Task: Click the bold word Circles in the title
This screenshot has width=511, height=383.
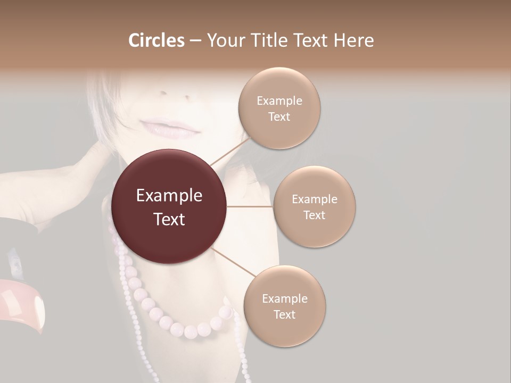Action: point(156,40)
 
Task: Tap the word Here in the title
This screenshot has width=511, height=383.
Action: point(353,40)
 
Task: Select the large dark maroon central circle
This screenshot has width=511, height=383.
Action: point(169,206)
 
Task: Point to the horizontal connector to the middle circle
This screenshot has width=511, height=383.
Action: point(250,206)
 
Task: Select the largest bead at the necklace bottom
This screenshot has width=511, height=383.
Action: point(191,332)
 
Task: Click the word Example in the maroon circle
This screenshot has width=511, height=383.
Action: point(169,196)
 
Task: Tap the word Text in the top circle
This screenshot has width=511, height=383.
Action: point(279,116)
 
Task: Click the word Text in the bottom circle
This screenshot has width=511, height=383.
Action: point(284,314)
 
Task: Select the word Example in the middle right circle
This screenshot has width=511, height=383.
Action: point(314,199)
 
